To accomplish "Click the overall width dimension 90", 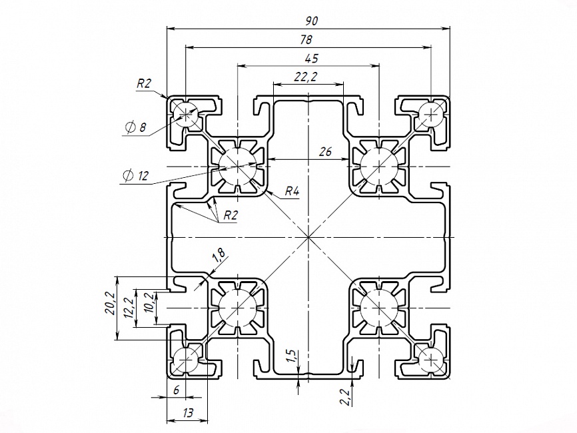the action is [311, 21].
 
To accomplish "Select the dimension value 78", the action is [306, 40].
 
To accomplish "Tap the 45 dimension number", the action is [312, 59].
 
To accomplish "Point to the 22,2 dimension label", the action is [305, 77].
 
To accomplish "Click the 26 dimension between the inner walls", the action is [325, 151].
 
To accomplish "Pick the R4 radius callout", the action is [292, 191].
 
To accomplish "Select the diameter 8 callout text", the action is [136, 127].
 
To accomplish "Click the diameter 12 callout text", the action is [136, 176].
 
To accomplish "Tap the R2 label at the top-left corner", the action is [144, 83].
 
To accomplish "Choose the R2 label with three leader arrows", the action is [231, 215].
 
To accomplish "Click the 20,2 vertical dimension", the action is [110, 304].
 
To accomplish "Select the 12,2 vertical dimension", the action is [129, 308].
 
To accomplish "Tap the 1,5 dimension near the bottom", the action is [291, 356].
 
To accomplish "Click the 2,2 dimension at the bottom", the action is [346, 398].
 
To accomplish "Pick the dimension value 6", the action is [177, 390].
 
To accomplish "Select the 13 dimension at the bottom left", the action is [188, 413].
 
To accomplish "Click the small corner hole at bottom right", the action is [430, 357].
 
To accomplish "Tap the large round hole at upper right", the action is [379, 166].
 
